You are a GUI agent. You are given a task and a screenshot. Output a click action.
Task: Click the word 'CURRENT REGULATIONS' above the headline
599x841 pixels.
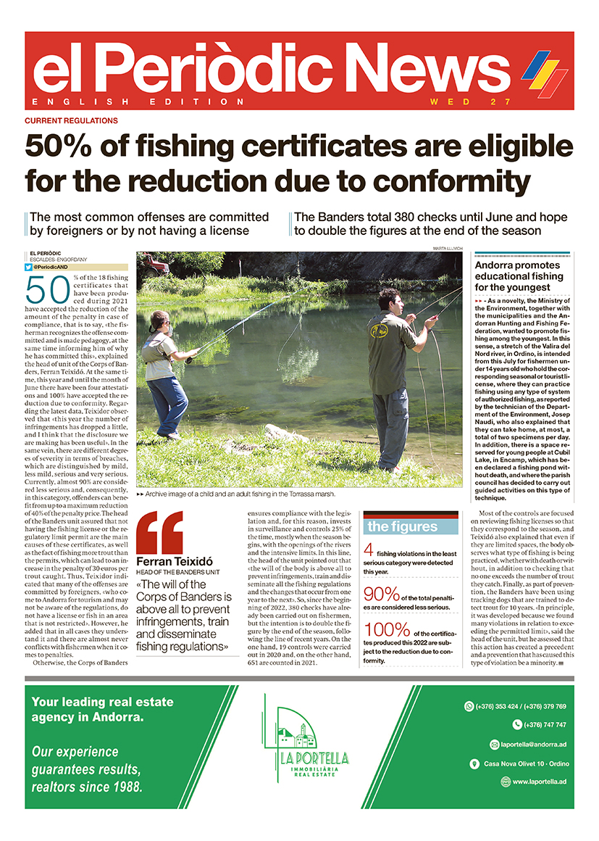(71, 120)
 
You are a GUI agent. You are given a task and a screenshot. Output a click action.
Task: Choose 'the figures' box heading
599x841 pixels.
(402, 527)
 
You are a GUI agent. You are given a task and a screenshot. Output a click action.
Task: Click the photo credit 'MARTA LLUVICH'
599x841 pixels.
(447, 249)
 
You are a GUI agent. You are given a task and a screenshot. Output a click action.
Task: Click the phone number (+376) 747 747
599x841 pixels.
(539, 724)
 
